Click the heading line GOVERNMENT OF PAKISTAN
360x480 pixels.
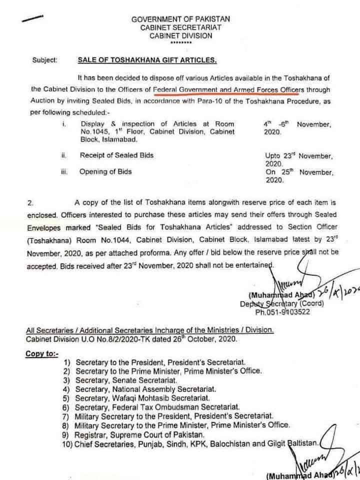[x=180, y=18]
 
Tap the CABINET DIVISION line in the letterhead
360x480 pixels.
[x=180, y=35]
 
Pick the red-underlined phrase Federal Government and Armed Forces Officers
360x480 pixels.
[x=228, y=89]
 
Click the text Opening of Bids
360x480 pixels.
[x=105, y=171]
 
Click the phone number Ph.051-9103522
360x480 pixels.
[x=282, y=312]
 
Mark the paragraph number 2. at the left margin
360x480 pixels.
[x=31, y=203]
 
